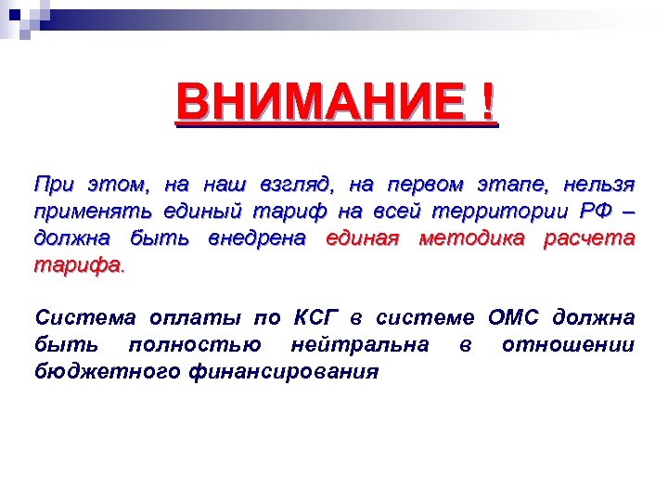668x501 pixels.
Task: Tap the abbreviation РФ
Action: pos(591,210)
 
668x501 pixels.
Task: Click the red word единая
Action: pos(362,238)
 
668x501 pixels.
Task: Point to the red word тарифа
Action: pos(76,266)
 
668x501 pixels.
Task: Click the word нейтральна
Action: pos(359,345)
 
